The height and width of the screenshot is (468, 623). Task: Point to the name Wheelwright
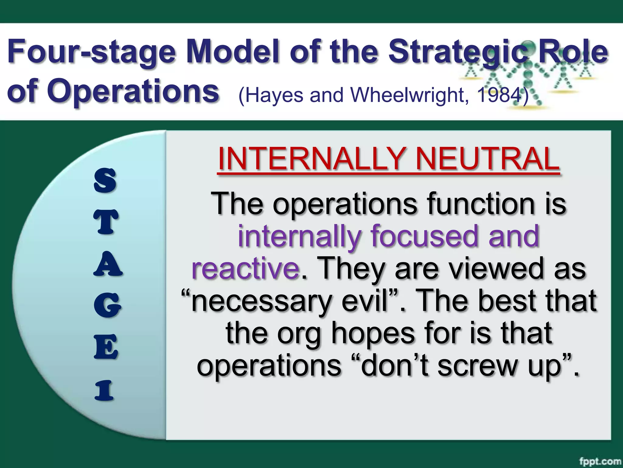[408, 95]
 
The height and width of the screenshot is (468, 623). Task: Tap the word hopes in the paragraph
[373, 334]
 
